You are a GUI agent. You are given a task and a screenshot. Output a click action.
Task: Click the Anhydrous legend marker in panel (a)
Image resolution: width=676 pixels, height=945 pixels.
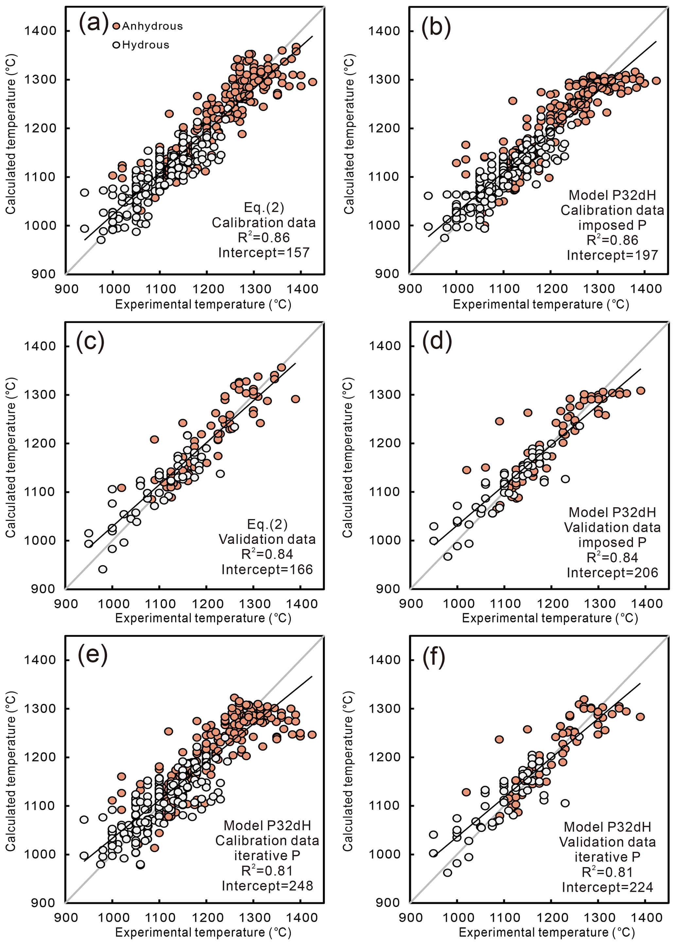point(116,26)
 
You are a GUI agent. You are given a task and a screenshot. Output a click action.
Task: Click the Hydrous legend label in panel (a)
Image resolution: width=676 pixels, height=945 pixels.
point(146,45)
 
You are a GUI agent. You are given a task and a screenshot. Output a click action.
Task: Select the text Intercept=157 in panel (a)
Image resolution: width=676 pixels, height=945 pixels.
point(264,252)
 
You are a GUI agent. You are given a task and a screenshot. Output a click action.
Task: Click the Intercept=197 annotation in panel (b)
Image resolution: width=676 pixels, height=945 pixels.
point(612,255)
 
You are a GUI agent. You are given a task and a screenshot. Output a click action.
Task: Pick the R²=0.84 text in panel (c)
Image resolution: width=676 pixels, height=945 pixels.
point(267,554)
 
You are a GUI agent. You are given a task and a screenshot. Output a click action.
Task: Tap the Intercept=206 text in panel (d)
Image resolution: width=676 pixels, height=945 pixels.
point(612,573)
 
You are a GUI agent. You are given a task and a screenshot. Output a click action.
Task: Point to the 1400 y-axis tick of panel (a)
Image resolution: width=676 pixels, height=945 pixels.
point(40,31)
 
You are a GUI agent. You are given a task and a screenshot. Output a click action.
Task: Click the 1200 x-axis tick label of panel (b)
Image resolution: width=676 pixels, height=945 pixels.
point(551,289)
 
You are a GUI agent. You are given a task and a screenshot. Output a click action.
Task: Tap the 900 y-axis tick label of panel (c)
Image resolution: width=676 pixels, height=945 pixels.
point(43,589)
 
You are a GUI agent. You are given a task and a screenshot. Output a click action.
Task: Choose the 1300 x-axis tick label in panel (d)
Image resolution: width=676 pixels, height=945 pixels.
point(598,603)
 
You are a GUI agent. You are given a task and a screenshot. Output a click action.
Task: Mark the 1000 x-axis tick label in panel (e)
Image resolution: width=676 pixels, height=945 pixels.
point(113,917)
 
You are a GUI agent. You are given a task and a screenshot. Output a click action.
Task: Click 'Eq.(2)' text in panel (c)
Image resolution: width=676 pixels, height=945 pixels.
point(267,524)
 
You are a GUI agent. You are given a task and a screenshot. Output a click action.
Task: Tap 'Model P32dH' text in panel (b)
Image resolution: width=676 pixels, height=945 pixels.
point(612,195)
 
